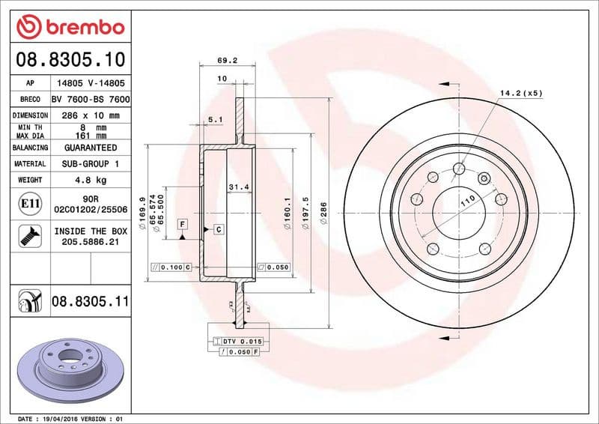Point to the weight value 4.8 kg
pyautogui.click(x=90, y=181)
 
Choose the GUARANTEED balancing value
pyautogui.click(x=90, y=148)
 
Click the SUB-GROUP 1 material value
pyautogui.click(x=90, y=163)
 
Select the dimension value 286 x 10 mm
pyautogui.click(x=90, y=116)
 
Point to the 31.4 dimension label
pyautogui.click(x=237, y=186)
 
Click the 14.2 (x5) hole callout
pyautogui.click(x=521, y=93)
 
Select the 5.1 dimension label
pyautogui.click(x=215, y=119)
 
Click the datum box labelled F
pyautogui.click(x=182, y=224)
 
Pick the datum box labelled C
pyautogui.click(x=218, y=228)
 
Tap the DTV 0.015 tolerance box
pyautogui.click(x=236, y=342)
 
